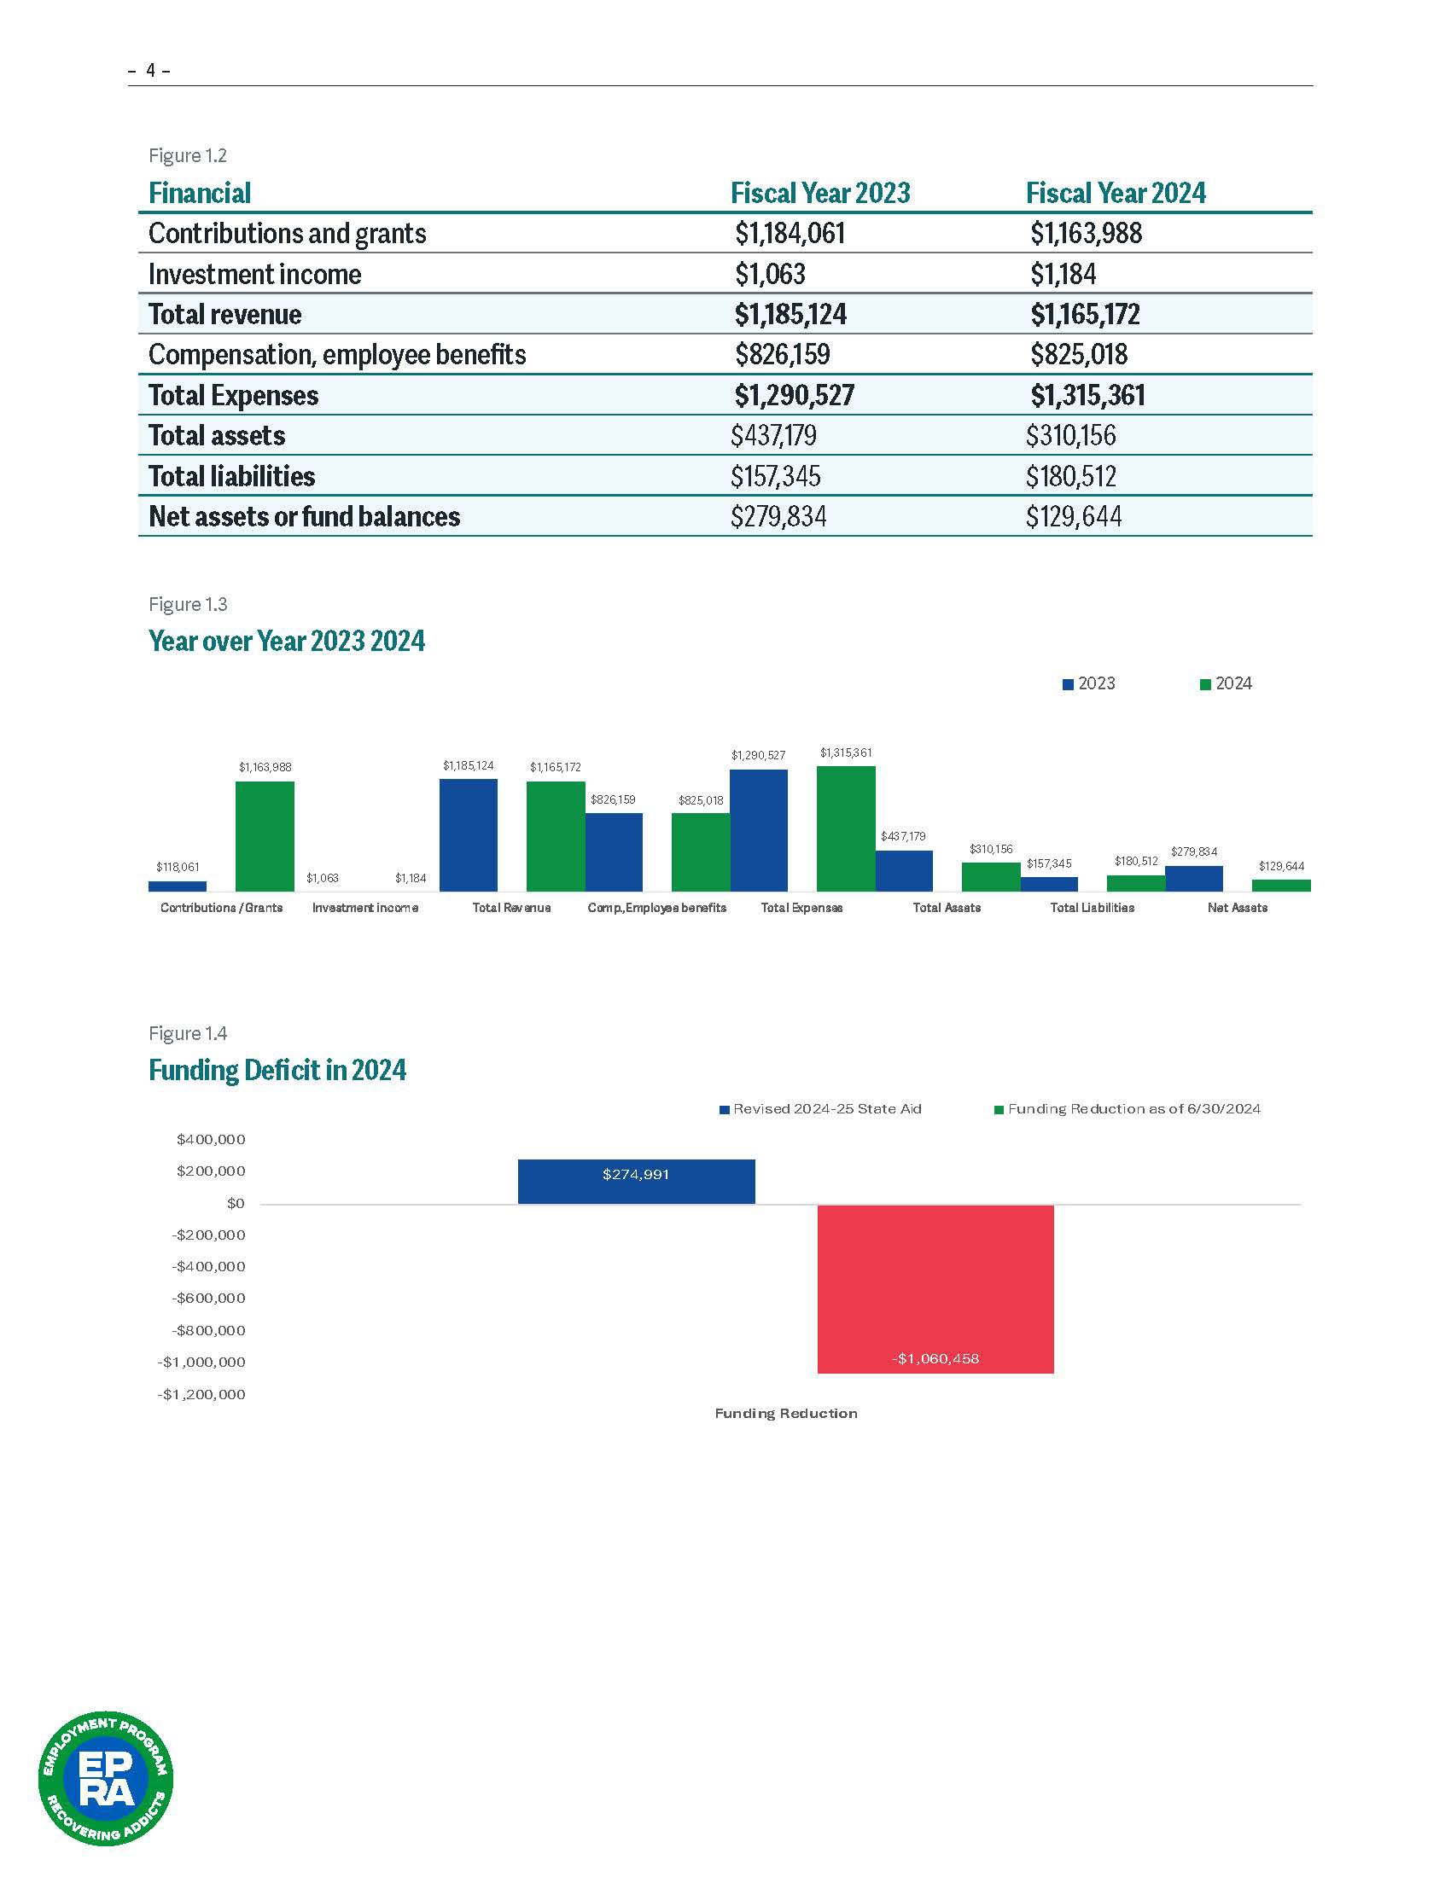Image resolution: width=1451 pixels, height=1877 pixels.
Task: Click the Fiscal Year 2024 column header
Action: click(x=1115, y=194)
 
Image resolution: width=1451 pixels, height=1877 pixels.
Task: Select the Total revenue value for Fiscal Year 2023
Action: click(x=790, y=315)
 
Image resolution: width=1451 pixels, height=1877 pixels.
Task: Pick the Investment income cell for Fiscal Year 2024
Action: click(x=1063, y=274)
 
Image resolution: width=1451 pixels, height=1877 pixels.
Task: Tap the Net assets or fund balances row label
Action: click(x=305, y=516)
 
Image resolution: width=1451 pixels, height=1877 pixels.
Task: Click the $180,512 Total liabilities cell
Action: click(x=1070, y=476)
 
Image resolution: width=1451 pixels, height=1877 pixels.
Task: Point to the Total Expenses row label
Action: click(x=233, y=395)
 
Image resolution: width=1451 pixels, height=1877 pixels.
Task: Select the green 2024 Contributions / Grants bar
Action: click(x=265, y=835)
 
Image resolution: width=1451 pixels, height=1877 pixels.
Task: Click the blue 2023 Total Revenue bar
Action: click(x=469, y=834)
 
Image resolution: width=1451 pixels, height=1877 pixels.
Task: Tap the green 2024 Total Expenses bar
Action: click(x=846, y=828)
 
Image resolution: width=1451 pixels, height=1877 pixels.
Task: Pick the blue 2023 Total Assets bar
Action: click(x=904, y=870)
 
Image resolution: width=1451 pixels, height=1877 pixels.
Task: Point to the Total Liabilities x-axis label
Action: click(x=1092, y=908)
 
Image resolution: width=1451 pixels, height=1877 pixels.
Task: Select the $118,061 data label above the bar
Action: click(x=177, y=867)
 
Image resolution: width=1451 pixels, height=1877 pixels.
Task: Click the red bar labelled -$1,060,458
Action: click(x=935, y=1288)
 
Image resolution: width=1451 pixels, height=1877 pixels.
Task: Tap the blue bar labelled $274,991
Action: click(x=636, y=1182)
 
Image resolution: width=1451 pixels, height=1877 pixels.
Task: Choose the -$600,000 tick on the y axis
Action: click(x=209, y=1298)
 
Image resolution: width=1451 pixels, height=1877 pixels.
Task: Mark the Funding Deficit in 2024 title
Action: click(x=277, y=1070)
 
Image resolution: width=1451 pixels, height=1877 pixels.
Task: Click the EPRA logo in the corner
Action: click(x=106, y=1778)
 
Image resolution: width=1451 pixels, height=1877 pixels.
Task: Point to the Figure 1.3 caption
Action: click(x=188, y=604)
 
